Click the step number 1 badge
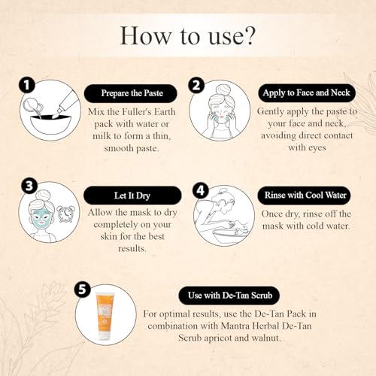[x=26, y=85]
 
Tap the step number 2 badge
[x=196, y=85]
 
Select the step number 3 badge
[x=29, y=186]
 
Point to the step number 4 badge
[x=200, y=191]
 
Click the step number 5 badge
[x=83, y=290]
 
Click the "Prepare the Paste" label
[x=131, y=93]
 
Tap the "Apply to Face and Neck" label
[x=307, y=92]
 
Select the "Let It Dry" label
[x=132, y=196]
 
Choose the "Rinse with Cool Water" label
[x=304, y=195]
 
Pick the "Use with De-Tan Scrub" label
[x=229, y=296]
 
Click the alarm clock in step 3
[x=66, y=214]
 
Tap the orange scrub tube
[x=106, y=315]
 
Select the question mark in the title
[x=249, y=35]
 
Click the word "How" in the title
[x=146, y=35]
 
